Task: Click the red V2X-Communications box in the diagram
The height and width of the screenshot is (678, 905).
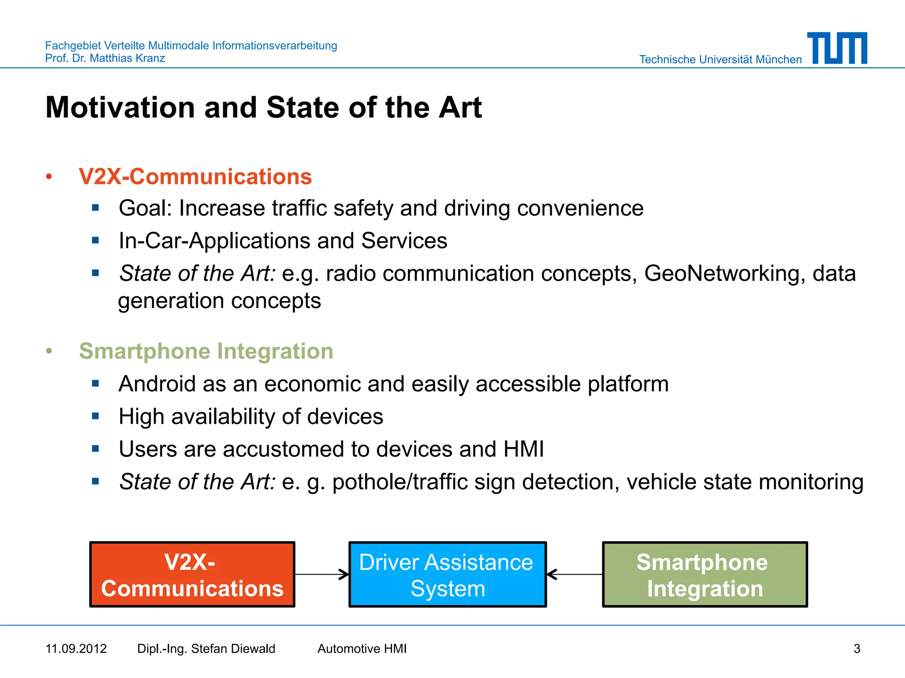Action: point(192,575)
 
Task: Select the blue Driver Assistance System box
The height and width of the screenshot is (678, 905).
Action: point(447,575)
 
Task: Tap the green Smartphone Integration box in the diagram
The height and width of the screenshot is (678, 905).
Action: point(705,575)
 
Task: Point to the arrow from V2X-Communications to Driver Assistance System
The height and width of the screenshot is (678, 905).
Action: point(322,574)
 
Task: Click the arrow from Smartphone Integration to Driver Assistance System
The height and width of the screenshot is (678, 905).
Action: point(574,574)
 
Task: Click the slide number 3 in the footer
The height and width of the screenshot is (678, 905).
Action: point(856,648)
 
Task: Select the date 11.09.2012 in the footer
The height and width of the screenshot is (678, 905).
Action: point(76,648)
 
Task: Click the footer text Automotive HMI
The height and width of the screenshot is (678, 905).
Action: point(362,648)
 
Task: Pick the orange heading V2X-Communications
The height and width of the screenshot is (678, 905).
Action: point(195,177)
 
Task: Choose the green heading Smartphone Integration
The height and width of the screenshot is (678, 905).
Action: point(206,351)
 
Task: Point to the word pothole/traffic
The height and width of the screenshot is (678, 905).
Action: point(400,482)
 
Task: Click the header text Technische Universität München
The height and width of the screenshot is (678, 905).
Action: point(720,60)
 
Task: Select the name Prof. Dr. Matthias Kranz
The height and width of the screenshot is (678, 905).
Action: point(105,58)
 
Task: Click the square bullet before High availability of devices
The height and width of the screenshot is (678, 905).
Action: point(95,416)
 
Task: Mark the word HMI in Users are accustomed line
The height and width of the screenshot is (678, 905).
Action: point(524,449)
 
